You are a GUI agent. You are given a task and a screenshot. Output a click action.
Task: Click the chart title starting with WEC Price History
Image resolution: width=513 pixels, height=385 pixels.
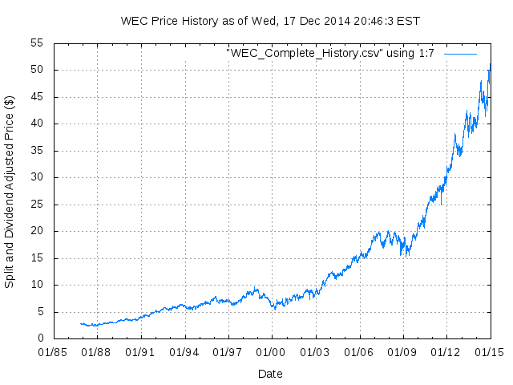(x=269, y=20)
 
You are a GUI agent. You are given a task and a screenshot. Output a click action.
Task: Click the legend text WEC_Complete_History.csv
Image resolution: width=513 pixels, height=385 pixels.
(x=330, y=54)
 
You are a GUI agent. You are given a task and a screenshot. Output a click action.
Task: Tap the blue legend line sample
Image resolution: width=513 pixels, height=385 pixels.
(x=460, y=54)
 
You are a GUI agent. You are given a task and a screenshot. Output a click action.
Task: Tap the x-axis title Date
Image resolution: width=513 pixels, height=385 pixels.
(x=270, y=374)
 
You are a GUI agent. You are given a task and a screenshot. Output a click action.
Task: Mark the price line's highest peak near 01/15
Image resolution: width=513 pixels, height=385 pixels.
(x=489, y=64)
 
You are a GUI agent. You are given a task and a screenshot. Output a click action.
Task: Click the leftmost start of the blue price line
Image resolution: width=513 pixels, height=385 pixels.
(x=81, y=324)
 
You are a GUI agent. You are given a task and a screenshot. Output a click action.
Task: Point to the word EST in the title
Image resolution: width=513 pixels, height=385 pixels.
(x=408, y=20)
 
